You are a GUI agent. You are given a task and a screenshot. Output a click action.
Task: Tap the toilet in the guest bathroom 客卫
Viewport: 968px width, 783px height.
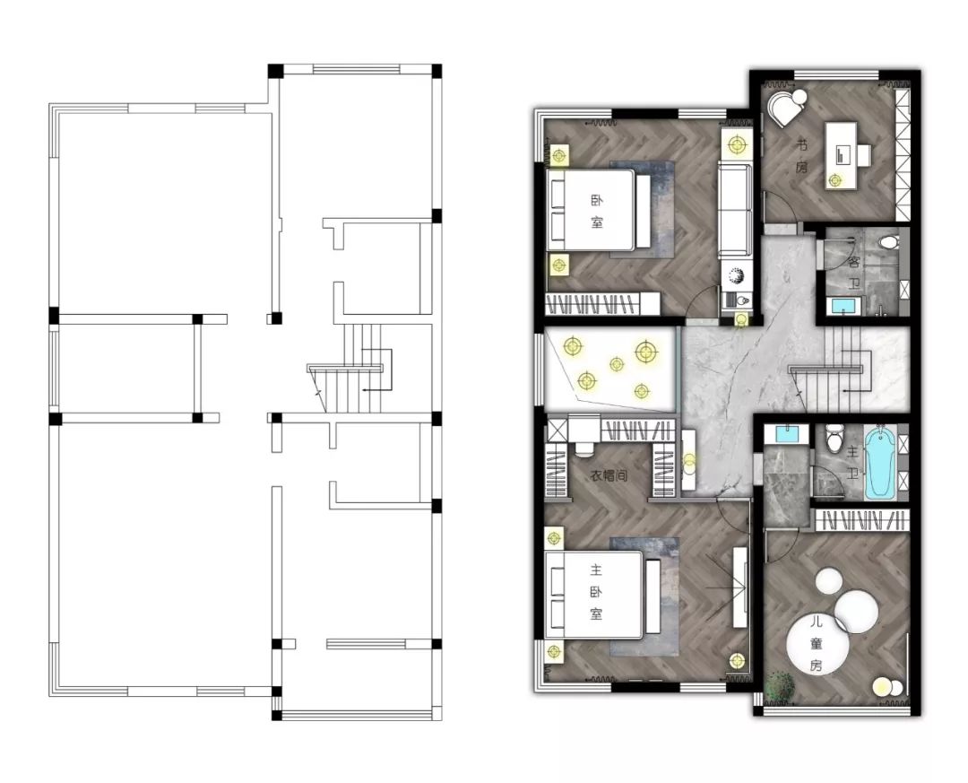887,241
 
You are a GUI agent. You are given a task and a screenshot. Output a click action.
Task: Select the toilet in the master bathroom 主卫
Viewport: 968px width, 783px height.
834,439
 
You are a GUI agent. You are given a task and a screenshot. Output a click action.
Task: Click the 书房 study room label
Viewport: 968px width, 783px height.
801,156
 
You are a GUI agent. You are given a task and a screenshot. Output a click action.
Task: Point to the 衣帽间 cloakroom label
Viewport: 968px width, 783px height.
609,476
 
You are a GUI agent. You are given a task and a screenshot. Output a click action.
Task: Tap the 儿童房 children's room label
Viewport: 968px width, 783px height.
817,643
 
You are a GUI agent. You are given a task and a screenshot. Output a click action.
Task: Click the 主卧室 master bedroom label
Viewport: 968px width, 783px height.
596,591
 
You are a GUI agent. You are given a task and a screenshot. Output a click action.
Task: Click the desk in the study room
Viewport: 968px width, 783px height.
842,155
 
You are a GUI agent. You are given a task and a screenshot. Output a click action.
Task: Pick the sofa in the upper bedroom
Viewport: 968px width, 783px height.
735,208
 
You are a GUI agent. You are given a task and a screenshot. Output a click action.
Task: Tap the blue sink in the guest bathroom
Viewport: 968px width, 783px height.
843,306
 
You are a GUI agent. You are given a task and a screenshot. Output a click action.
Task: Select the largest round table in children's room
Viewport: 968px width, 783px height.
817,644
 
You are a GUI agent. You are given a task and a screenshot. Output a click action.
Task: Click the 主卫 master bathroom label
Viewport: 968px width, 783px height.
852,463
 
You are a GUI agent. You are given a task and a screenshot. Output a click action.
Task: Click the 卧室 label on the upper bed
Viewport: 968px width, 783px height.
596,212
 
